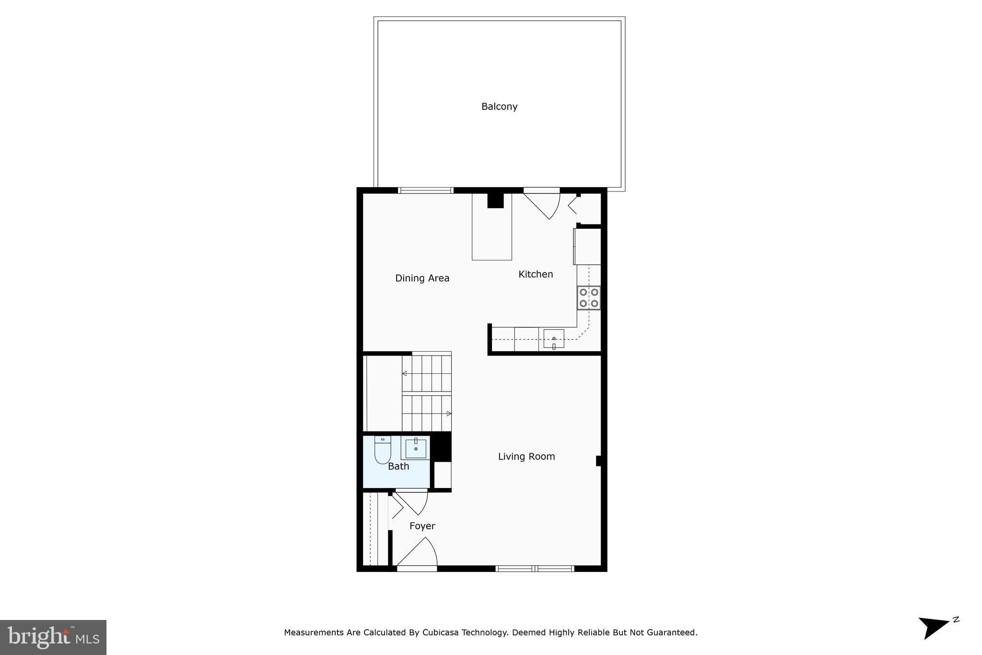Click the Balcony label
pos(499,107)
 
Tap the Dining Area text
pos(422,278)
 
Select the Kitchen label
pos(536,274)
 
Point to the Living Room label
pos(526,457)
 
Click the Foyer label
pos(422,526)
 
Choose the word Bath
pos(398,466)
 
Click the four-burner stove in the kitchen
pos(588,298)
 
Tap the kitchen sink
pos(553,339)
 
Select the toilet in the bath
pos(382,450)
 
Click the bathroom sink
pos(416,448)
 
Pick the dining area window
pos(425,191)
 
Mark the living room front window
pos(535,569)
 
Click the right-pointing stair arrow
pos(449,414)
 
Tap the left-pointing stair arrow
pos(404,373)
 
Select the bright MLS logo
pos(53,637)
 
